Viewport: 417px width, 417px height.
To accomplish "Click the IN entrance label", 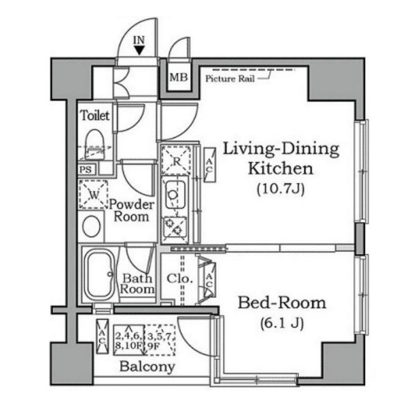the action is [139, 40].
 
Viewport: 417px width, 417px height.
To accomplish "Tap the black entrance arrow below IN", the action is [139, 51].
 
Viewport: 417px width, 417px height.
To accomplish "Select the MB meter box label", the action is [179, 78].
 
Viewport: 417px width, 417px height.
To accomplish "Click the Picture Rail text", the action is [230, 78].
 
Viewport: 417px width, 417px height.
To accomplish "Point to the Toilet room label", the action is [94, 115].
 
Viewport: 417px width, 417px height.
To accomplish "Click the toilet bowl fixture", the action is [94, 144].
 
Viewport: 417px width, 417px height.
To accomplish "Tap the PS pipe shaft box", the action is [86, 170].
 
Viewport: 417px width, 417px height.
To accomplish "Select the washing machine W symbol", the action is [94, 194].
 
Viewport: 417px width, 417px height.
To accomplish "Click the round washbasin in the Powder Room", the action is [92, 226].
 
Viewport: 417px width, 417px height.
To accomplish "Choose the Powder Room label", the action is [131, 211].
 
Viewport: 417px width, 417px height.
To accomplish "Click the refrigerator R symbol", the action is [176, 160].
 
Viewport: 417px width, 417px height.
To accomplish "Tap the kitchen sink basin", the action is [175, 194].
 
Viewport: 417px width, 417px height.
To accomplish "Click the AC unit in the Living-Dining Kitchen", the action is [210, 165].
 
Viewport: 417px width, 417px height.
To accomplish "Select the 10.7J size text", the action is [281, 189].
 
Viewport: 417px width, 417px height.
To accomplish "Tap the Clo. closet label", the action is [180, 278].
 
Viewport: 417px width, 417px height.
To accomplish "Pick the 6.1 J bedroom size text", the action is [282, 323].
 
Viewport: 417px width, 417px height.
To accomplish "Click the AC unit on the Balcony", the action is [103, 337].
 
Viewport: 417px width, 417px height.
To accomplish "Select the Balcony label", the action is [147, 367].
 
